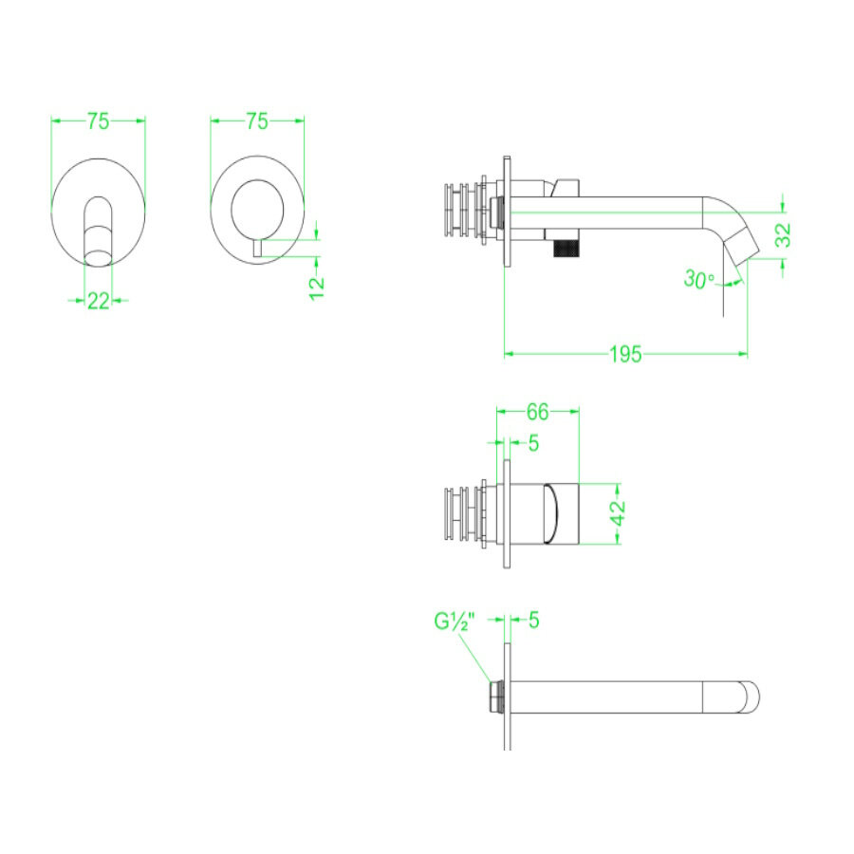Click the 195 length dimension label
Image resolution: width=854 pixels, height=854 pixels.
pyautogui.click(x=625, y=355)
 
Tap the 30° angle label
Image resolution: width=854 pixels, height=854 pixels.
pyautogui.click(x=698, y=279)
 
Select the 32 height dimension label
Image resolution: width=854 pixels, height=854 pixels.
pyautogui.click(x=783, y=235)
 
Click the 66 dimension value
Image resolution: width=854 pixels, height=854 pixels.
pyautogui.click(x=537, y=413)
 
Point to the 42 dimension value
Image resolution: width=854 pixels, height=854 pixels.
pyautogui.click(x=618, y=513)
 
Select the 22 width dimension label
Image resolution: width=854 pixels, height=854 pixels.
pyautogui.click(x=98, y=301)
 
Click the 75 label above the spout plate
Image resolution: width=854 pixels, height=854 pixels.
pyautogui.click(x=98, y=121)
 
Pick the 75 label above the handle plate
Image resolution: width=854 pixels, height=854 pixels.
pyautogui.click(x=256, y=121)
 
